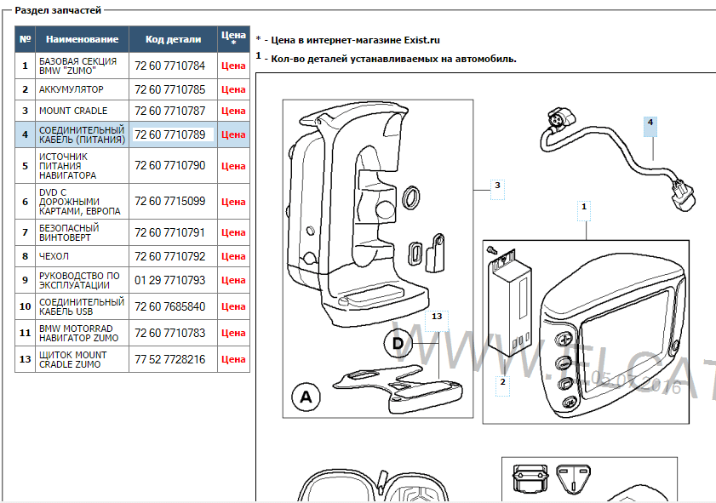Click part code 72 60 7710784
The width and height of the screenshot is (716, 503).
[x=169, y=66]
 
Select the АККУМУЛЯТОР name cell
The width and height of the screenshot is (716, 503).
[x=72, y=89]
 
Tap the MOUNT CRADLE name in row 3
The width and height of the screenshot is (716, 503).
[x=73, y=111]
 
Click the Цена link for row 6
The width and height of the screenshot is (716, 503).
[x=232, y=202]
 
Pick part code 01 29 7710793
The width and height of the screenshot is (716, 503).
[x=169, y=280]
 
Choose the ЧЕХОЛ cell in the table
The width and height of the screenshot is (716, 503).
[x=54, y=256]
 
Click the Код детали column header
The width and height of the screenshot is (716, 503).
[x=173, y=39]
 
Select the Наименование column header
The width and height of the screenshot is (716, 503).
[x=82, y=39]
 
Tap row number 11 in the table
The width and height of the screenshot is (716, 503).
[x=26, y=333]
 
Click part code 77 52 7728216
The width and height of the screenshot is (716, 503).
[x=169, y=360]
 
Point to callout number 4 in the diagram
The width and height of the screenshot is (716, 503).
[x=650, y=123]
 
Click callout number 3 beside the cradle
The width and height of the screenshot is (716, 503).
[x=498, y=185]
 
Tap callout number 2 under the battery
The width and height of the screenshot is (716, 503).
[x=503, y=383]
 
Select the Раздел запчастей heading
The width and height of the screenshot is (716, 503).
[x=58, y=10]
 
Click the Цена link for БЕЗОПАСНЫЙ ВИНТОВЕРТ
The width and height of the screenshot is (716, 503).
[x=232, y=232]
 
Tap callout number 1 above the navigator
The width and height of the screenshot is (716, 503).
[x=584, y=206]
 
